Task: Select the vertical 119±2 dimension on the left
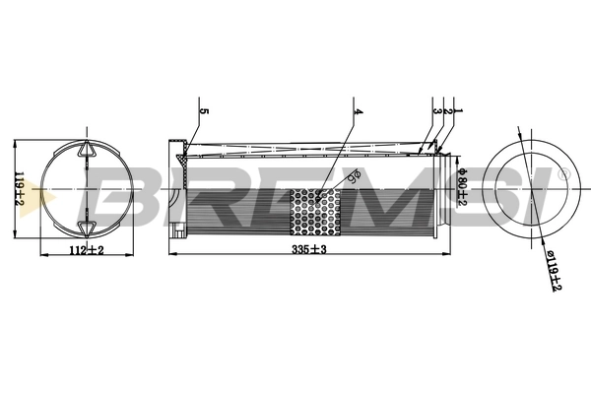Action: (17, 186)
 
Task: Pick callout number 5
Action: (204, 112)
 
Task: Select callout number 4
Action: (360, 112)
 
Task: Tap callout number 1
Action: (457, 112)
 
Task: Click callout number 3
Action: (434, 112)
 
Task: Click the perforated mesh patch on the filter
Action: (316, 212)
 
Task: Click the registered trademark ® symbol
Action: (563, 174)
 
